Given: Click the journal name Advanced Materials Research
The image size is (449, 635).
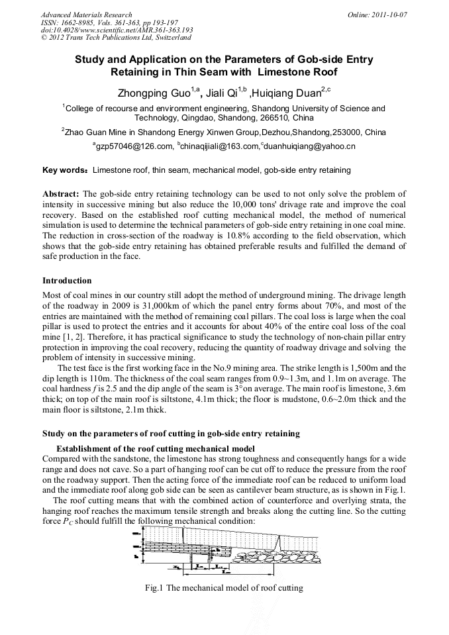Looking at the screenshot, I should pyautogui.click(x=86, y=15).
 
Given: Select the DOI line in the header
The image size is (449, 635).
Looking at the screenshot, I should pyautogui.click(x=117, y=30).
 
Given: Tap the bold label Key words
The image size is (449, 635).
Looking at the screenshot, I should pyautogui.click(x=64, y=171).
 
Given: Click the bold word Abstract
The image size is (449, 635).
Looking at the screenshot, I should pyautogui.click(x=61, y=194).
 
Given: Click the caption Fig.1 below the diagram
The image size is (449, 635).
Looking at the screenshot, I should pyautogui.click(x=224, y=588).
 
